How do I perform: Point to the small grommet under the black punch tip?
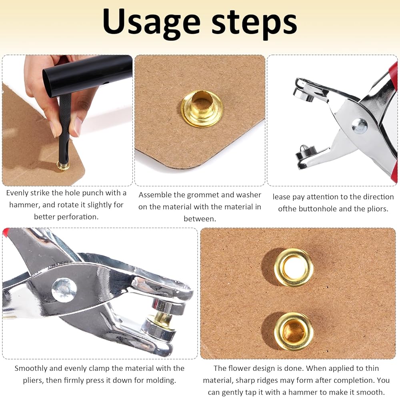[63, 166]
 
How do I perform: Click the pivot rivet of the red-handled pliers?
[360, 126]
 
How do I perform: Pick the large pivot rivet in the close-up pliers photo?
[64, 290]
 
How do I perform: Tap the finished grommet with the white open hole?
[293, 267]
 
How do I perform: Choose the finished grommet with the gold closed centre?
[293, 331]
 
